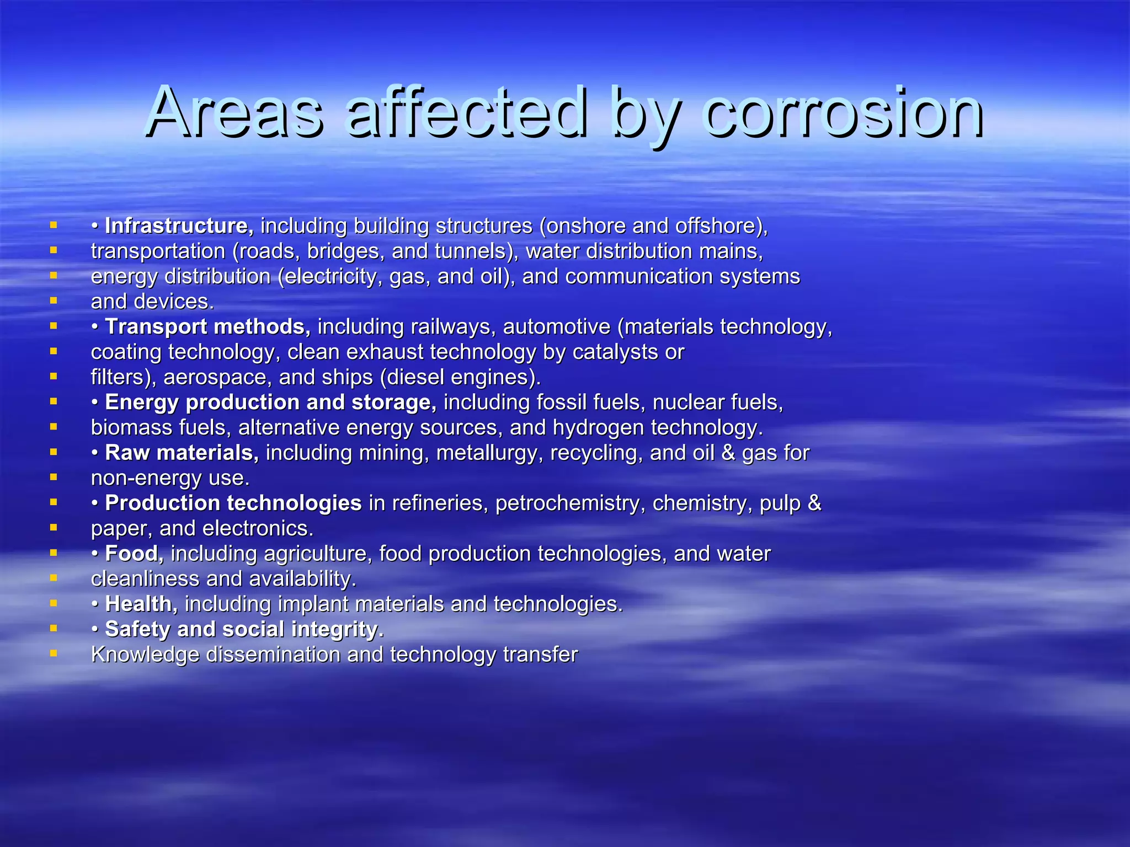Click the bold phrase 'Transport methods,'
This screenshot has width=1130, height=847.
pyautogui.click(x=207, y=326)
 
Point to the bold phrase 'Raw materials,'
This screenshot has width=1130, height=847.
pyautogui.click(x=182, y=453)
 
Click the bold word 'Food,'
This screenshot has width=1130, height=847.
pyautogui.click(x=134, y=554)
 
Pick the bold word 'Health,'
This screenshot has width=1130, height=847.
pyautogui.click(x=141, y=604)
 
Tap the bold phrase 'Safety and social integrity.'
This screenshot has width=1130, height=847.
pyautogui.click(x=244, y=629)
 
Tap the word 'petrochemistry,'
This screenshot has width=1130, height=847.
pyautogui.click(x=570, y=503)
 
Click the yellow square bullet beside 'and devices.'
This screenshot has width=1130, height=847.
pyautogui.click(x=54, y=301)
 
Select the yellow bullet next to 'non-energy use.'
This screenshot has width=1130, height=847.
pyautogui.click(x=54, y=477)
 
